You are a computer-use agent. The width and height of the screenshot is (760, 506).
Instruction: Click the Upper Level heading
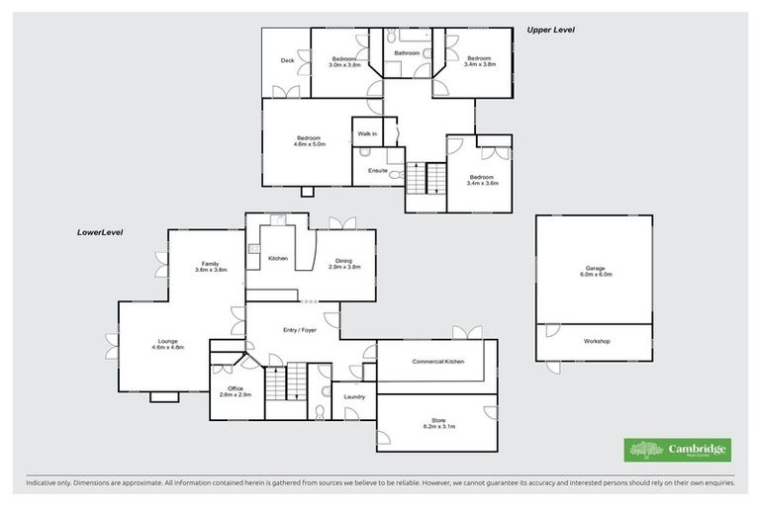[551, 31]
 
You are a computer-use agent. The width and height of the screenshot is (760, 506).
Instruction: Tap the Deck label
[287, 60]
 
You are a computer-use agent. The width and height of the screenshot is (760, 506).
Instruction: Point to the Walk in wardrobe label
[366, 133]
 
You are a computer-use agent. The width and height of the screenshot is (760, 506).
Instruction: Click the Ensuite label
[377, 170]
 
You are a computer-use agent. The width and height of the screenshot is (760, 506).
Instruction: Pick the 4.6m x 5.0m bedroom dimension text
[308, 144]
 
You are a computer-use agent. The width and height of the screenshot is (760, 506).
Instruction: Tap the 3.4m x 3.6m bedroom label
[480, 180]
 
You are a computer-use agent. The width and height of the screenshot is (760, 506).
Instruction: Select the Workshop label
[597, 341]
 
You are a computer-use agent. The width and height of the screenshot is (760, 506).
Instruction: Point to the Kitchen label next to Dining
[278, 258]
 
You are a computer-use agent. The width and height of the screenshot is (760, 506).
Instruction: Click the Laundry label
[354, 397]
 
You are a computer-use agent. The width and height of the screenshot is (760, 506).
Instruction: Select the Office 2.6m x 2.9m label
[236, 391]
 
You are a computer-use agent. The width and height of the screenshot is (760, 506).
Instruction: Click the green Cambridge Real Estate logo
[677, 451]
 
